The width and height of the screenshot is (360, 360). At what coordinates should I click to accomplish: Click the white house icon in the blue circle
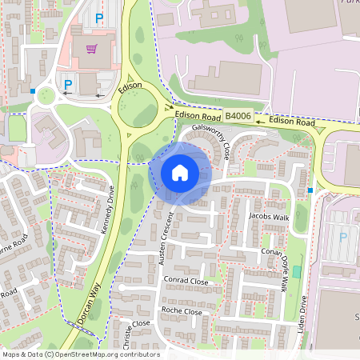pos(180,173)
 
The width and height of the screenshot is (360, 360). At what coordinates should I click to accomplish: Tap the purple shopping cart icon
pos(91,50)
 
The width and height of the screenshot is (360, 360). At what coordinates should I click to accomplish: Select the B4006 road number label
pos(238,117)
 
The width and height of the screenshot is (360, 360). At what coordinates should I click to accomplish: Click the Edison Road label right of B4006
pos(292,121)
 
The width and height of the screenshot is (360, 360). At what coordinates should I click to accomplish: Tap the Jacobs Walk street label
pos(268,216)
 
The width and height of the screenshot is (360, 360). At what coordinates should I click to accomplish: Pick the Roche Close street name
pos(182,310)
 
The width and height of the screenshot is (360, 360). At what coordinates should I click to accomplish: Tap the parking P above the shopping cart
pos(99,18)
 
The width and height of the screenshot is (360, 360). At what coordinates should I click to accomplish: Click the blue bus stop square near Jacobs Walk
pos(310,190)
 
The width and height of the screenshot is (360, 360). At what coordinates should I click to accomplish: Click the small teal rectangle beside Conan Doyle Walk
pos(297,272)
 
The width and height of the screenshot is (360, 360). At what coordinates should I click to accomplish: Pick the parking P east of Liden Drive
pos(344,237)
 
